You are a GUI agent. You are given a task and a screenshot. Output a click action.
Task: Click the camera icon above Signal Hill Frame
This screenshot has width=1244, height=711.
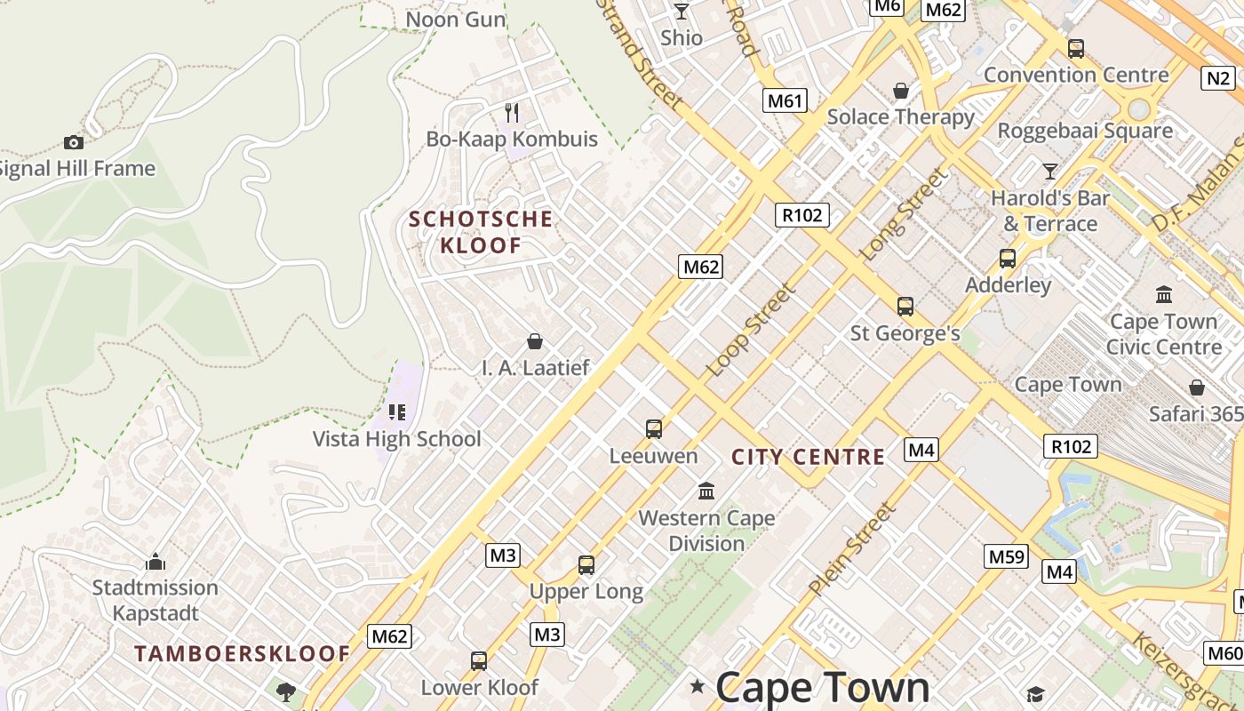(74, 142)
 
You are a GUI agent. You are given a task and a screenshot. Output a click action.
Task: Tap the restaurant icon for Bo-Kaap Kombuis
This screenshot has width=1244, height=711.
(512, 112)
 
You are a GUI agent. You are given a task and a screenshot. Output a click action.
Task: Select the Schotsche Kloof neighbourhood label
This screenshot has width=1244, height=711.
(481, 232)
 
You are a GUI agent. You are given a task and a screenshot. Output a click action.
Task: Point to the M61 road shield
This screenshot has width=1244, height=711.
(785, 100)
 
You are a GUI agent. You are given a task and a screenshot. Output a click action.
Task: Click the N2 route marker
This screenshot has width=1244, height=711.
(1219, 78)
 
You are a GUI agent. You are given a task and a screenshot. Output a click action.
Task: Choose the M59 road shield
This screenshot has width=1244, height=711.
(1007, 556)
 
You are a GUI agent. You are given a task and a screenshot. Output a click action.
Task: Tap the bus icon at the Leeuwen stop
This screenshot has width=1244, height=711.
(654, 429)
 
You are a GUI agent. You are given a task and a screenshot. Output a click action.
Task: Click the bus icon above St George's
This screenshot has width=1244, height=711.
(905, 307)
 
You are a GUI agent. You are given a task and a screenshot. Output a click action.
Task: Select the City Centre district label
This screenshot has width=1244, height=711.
(808, 457)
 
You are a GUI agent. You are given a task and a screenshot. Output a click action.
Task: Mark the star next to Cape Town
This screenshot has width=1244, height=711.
(698, 686)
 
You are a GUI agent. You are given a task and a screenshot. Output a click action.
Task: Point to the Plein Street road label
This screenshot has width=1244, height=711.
(851, 548)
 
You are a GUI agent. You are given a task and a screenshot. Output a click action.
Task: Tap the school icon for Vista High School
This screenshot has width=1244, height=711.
(396, 412)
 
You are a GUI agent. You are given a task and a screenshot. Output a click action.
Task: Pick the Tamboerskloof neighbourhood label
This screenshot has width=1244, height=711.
(243, 654)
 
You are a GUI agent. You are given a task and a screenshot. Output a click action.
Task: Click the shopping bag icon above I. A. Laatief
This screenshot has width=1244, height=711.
(535, 341)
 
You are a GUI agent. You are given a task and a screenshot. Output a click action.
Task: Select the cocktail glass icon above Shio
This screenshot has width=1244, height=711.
(682, 11)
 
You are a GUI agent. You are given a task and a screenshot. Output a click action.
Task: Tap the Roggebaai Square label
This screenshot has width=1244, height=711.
(1085, 131)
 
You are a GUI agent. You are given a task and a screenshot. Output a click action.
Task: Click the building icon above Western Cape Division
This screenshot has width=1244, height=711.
(706, 491)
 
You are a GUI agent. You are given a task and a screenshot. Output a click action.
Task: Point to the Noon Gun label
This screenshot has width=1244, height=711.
(455, 19)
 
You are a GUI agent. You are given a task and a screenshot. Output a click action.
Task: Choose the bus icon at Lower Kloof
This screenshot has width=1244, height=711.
(479, 661)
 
